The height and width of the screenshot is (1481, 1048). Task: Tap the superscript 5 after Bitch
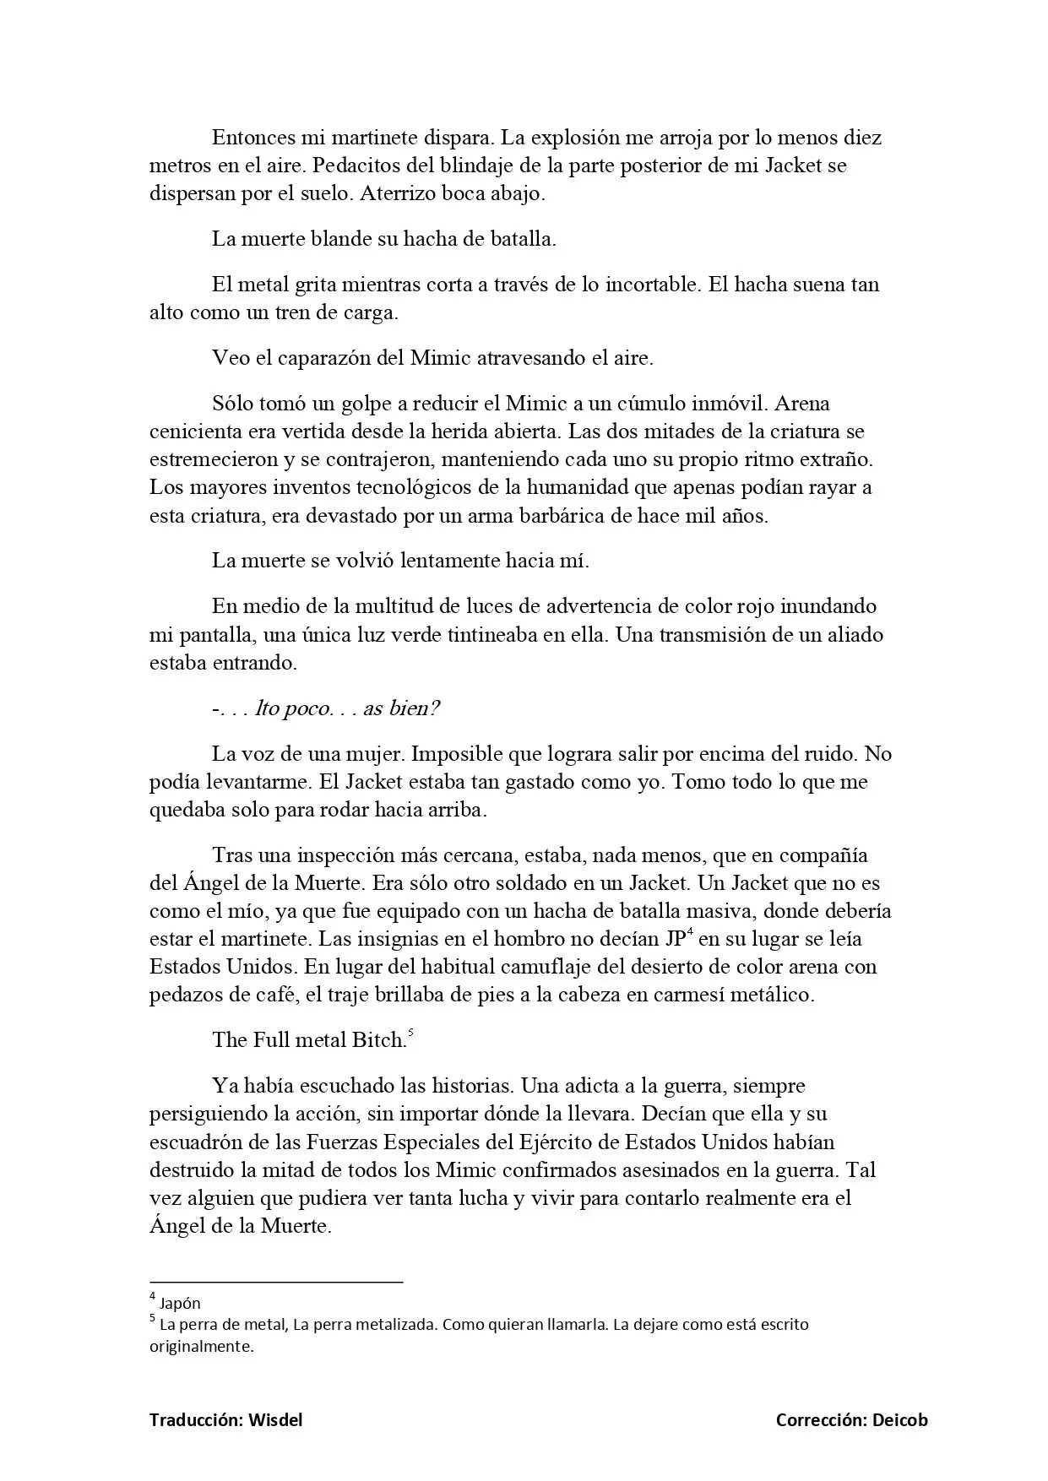click(410, 1033)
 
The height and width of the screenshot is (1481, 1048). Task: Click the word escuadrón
click(196, 1142)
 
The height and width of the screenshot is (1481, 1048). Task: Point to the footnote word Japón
click(180, 1303)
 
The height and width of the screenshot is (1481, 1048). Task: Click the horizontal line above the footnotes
click(276, 1282)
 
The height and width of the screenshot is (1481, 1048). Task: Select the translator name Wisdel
click(275, 1419)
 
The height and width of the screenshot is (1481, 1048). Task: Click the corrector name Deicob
click(901, 1419)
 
